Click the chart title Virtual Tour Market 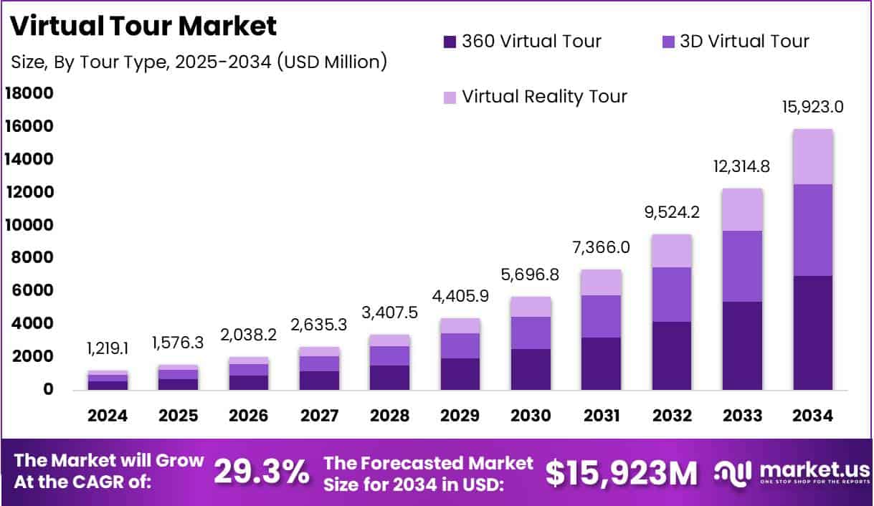tap(143, 26)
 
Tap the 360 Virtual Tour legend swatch tap(450, 42)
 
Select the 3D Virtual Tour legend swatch tap(668, 42)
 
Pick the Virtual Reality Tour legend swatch tap(450, 97)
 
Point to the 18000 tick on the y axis tap(29, 93)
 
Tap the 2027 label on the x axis tap(319, 416)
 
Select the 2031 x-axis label tap(601, 416)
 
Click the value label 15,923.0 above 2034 tap(812, 108)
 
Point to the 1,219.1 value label tap(108, 349)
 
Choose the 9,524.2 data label tap(672, 214)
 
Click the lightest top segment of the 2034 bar tap(812, 157)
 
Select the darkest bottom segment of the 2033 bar tap(742, 345)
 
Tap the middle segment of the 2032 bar tap(672, 295)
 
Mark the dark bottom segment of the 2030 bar tap(531, 369)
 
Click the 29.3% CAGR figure tap(262, 472)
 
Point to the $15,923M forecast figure tap(621, 472)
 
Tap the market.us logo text tap(814, 469)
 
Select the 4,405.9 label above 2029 tap(460, 295)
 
